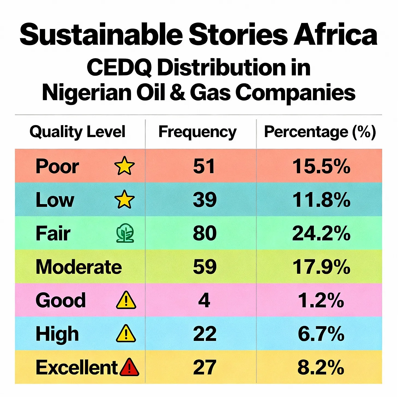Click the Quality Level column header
(x=78, y=132)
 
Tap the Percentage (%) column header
(x=320, y=132)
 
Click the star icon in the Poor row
(x=124, y=166)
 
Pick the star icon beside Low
(x=124, y=199)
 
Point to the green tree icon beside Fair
(x=125, y=233)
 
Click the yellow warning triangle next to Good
(x=126, y=300)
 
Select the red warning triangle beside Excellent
(x=129, y=367)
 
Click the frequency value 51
(x=204, y=166)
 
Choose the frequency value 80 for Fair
(x=205, y=233)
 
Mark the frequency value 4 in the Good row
(x=204, y=300)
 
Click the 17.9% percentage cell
(x=321, y=267)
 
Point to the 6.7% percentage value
(x=321, y=334)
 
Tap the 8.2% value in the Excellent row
(x=321, y=367)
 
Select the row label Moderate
(x=79, y=267)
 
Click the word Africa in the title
(x=336, y=34)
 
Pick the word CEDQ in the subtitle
(x=119, y=67)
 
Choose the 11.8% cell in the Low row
(x=321, y=200)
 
